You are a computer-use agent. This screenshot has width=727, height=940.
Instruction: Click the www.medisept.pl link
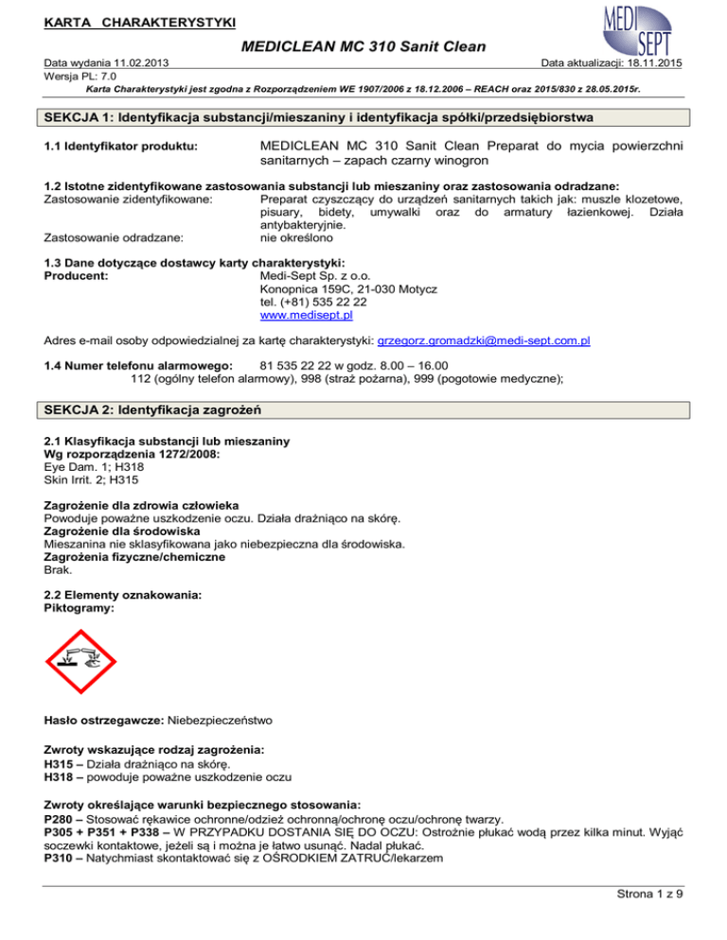click(302, 315)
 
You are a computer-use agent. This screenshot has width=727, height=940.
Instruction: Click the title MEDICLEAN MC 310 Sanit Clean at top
click(363, 45)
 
